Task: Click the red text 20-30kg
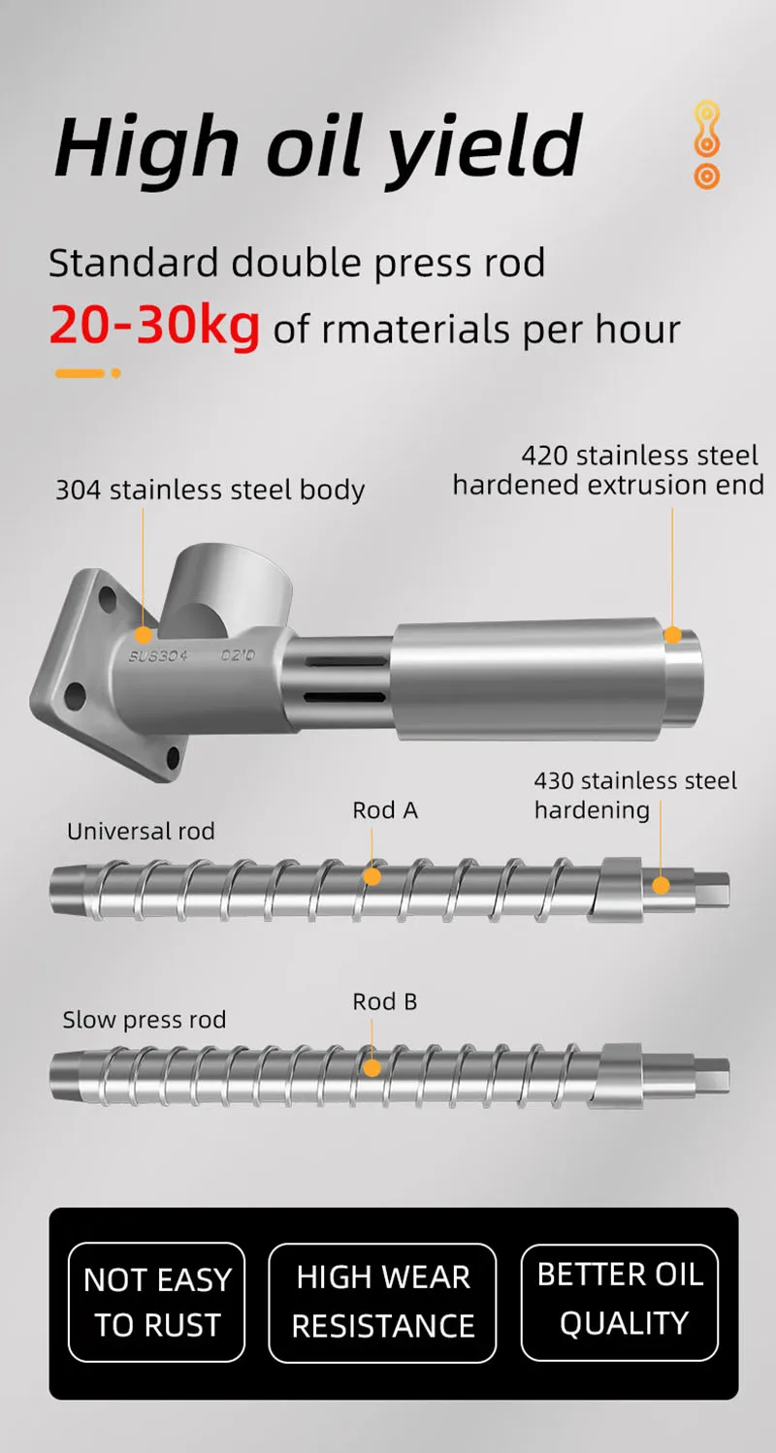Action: (x=154, y=328)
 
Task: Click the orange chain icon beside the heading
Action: (x=707, y=145)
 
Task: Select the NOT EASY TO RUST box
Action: (x=157, y=1302)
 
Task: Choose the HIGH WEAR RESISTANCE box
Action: (x=382, y=1302)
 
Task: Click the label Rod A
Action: (x=385, y=810)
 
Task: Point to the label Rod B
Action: (x=385, y=1001)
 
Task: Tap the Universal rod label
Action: (x=141, y=831)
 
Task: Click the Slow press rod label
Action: (x=144, y=1020)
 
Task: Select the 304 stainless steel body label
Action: (x=210, y=490)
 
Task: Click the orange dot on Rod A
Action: (x=372, y=876)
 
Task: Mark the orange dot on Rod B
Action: (x=372, y=1067)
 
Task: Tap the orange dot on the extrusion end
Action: (x=672, y=635)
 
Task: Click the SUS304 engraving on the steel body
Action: (x=158, y=656)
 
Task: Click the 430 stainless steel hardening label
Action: (x=635, y=795)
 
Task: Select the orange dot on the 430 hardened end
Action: (x=661, y=885)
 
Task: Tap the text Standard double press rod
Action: (x=297, y=263)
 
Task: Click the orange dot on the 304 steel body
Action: (x=144, y=635)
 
